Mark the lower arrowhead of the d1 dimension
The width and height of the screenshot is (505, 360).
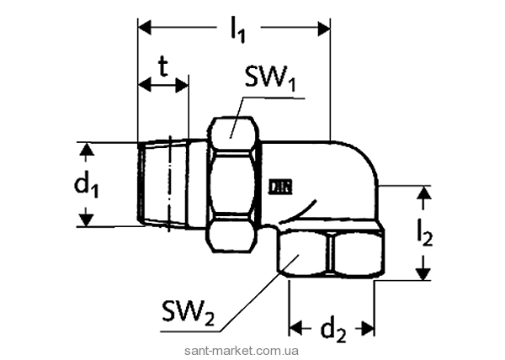pos(85,220)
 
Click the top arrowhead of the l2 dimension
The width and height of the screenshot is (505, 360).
pos(425,193)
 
